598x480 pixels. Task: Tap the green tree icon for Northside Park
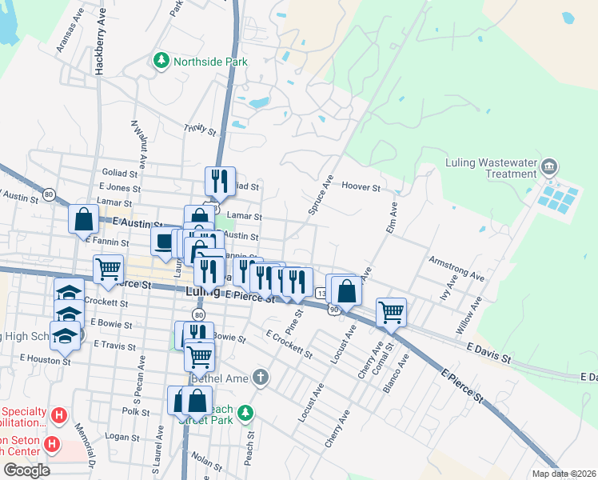point(162,60)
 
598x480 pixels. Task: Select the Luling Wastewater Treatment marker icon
point(549,167)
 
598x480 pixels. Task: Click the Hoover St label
point(361,186)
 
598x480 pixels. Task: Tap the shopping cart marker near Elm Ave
point(391,311)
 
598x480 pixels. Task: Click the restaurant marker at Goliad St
point(218,181)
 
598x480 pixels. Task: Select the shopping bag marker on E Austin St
point(83,218)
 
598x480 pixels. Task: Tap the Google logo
point(26,470)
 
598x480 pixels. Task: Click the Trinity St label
point(200,128)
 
